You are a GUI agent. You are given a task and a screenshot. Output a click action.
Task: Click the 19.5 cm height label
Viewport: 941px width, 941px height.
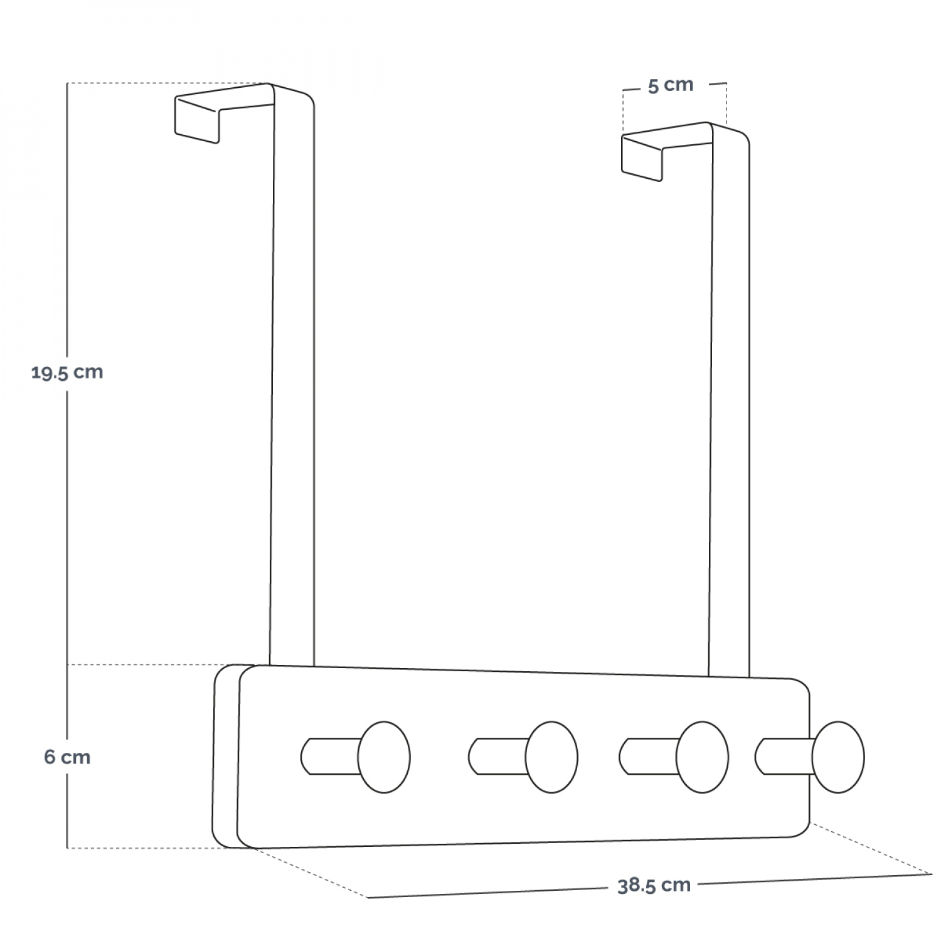(67, 373)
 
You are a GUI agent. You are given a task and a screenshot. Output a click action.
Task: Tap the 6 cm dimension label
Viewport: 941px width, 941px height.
(67, 757)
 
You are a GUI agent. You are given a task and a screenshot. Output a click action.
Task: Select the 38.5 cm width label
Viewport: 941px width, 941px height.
(654, 886)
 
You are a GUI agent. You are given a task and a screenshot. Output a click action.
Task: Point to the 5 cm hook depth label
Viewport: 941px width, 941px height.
(671, 85)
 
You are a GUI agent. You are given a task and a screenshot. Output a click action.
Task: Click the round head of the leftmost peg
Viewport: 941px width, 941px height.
(384, 757)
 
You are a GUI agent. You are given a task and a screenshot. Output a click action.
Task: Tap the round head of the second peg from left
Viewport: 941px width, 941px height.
(551, 757)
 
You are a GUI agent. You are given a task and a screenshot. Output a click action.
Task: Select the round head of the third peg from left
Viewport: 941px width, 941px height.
(702, 757)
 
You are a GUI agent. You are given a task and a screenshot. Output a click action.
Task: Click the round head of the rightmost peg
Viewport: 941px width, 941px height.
(838, 757)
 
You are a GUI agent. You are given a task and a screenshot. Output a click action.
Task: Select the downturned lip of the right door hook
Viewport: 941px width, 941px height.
(642, 159)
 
